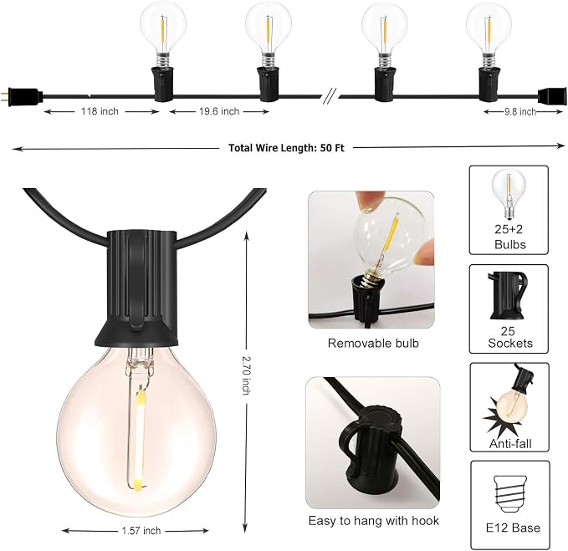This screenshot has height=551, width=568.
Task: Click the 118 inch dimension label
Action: pos(100,111)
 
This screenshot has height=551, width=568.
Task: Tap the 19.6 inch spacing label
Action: pos(219,111)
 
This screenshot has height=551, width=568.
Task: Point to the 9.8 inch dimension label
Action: pos(520,112)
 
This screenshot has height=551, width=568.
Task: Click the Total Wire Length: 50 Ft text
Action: pos(286,148)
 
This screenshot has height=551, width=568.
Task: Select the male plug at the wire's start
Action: pos(22,97)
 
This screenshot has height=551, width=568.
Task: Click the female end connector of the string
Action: pos(552,96)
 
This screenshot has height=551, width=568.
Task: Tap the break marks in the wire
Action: pos(330,96)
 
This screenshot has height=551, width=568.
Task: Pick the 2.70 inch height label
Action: pos(246,375)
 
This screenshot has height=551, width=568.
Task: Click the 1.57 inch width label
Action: pos(141,531)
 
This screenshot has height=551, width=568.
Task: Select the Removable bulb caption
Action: pos(373,343)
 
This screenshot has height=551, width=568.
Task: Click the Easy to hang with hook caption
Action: pos(373,521)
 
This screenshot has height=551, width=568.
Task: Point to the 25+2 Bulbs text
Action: pos(509,237)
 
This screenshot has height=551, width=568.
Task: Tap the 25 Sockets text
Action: pos(510,337)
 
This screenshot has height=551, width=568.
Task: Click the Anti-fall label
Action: pos(510,443)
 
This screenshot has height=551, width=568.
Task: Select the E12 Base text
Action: pos(513,528)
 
